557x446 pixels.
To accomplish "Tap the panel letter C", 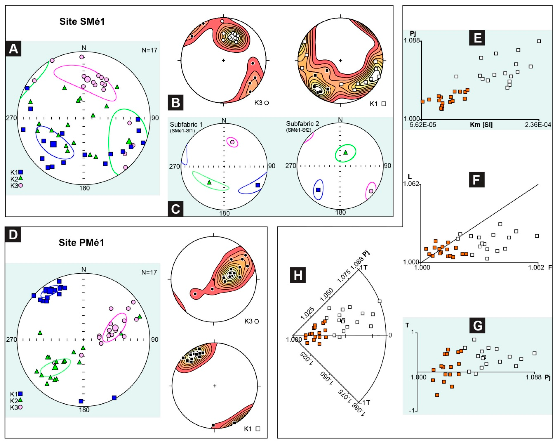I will click(x=176, y=209).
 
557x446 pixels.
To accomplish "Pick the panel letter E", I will click(x=477, y=38).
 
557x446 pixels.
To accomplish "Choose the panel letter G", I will click(x=477, y=325).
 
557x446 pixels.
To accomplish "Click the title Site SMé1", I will click(x=82, y=21).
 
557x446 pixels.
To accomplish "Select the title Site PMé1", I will click(x=81, y=243).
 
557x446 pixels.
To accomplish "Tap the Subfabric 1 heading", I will click(x=186, y=125).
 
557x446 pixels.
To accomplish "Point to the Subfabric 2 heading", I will click(x=302, y=124).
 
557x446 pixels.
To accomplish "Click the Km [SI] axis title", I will click(x=481, y=125).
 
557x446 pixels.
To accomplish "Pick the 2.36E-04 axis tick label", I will click(x=537, y=125).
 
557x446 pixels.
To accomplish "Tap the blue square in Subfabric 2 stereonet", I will click(x=318, y=190).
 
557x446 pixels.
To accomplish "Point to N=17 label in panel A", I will click(x=149, y=50).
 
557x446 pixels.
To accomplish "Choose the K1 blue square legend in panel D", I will click(x=20, y=394).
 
